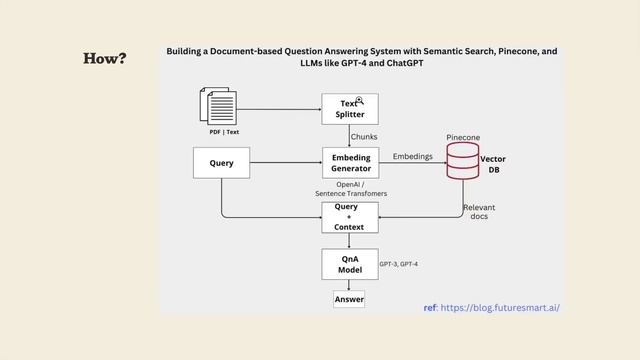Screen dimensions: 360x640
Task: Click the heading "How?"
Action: [x=104, y=59]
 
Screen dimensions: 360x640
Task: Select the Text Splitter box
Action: [x=349, y=108]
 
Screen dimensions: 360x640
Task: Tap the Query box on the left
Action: [x=221, y=162]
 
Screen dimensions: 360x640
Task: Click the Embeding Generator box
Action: [x=349, y=162]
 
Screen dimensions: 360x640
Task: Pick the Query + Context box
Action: [x=349, y=215]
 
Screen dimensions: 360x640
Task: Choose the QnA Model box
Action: [x=349, y=264]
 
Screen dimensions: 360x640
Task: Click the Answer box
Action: [x=349, y=299]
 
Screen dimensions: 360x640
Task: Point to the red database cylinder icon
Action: [x=462, y=161]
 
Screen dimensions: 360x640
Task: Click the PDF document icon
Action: [x=220, y=106]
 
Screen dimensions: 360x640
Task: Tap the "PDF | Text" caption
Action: [x=224, y=132]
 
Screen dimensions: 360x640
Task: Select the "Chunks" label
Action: [x=365, y=136]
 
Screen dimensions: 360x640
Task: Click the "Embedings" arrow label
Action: [x=413, y=156]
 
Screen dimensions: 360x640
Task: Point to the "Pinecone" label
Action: [x=463, y=136]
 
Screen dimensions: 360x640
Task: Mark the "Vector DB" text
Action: [x=493, y=164]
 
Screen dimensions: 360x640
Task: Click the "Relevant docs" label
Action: [x=479, y=211]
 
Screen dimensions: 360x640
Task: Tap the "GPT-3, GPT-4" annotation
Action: [x=398, y=264]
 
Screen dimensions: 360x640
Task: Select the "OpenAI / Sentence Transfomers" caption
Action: [x=351, y=189]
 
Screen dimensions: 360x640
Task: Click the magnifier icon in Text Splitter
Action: [x=359, y=101]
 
